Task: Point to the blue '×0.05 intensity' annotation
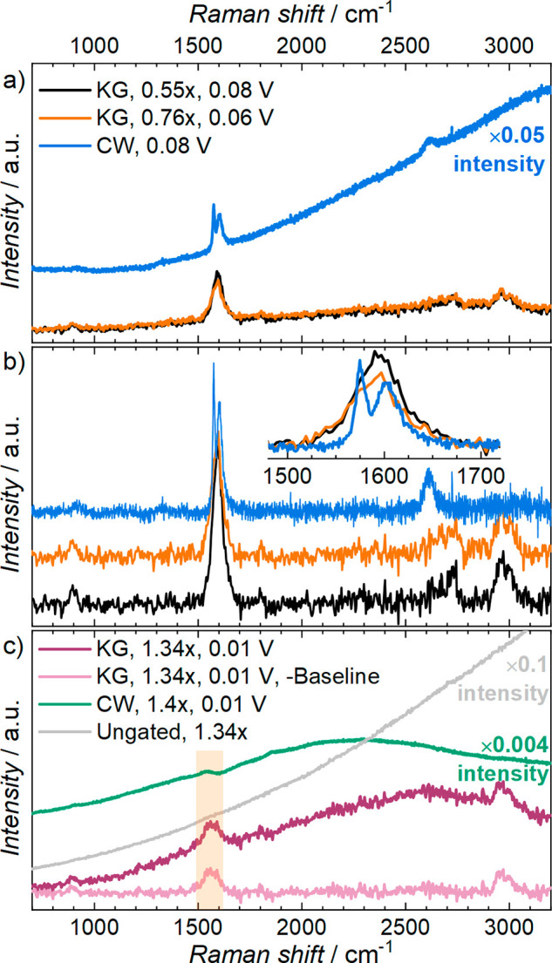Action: click(506, 146)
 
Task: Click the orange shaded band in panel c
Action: click(209, 828)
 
